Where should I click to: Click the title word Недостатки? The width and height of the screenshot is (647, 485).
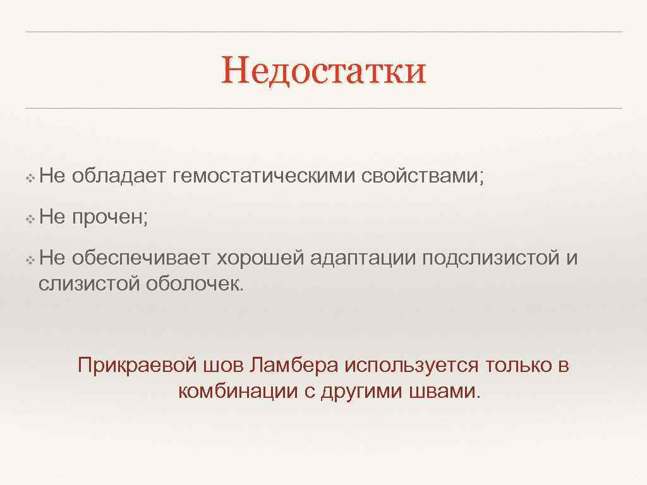coord(323,71)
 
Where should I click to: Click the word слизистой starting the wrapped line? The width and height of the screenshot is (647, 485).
coord(88,284)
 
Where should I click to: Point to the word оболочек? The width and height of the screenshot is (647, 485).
coord(193,284)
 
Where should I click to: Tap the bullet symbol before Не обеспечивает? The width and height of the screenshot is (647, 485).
coord(30,260)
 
